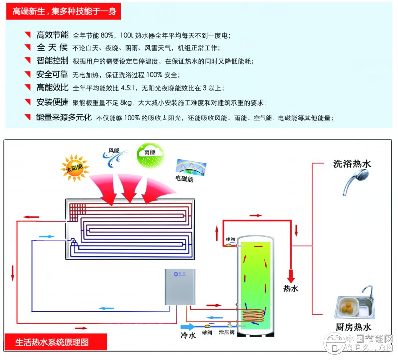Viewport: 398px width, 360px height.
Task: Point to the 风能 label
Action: (114, 150)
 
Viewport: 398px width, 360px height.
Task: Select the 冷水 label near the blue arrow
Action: (188, 336)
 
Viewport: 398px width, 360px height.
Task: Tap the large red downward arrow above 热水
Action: (290, 274)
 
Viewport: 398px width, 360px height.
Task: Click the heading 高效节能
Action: (53, 36)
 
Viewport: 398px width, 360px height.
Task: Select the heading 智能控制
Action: (53, 61)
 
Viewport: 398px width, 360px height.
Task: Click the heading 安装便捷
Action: (53, 102)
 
